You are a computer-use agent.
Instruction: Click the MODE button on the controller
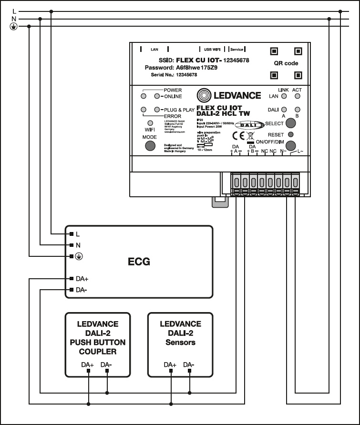pos(150,146)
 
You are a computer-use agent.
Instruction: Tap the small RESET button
pos(291,135)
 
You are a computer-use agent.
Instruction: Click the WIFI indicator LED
pos(150,123)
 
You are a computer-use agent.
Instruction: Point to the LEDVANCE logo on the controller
pos(229,95)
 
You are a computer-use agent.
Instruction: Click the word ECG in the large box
pos(139,262)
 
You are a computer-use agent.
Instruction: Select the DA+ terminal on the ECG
pos(71,278)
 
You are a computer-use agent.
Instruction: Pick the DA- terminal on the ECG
pos(71,290)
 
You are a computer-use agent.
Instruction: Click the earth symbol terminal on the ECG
pos(71,256)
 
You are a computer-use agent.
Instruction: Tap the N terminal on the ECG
pos(71,245)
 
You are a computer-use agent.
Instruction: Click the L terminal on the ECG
pos(71,234)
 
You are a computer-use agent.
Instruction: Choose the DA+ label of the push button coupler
pos(88,365)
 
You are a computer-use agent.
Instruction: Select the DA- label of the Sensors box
pos(189,365)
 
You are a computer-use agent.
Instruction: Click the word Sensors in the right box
pos(180,343)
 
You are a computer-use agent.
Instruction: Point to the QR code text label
pos(286,63)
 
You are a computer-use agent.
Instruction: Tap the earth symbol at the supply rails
pos(13,27)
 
